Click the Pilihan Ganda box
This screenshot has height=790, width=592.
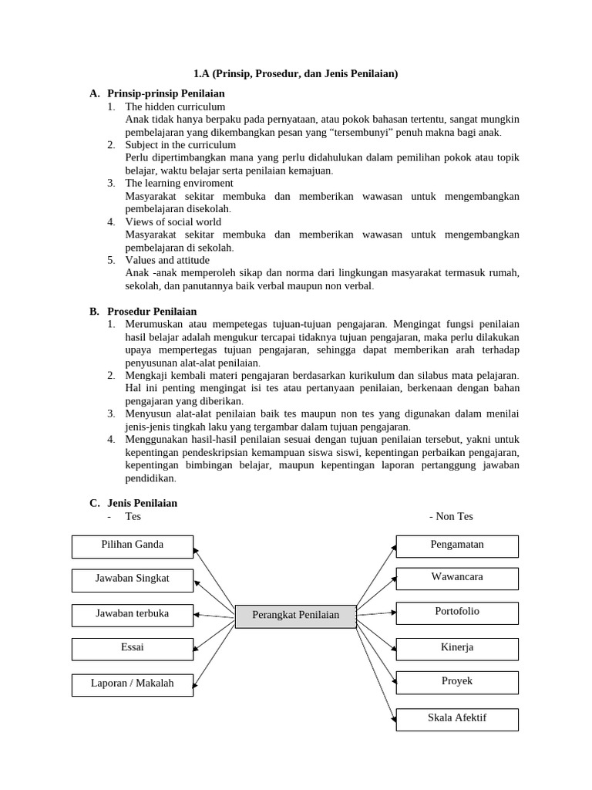click(x=133, y=546)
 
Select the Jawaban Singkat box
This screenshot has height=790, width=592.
click(x=133, y=579)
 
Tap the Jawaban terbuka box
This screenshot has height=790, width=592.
click(x=133, y=615)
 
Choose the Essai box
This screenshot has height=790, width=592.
click(x=133, y=649)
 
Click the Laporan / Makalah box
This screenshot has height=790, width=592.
click(x=133, y=684)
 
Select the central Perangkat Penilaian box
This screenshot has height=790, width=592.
click(x=295, y=616)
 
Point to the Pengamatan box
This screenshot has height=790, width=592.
click(x=457, y=545)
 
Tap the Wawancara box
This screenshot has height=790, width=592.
click(x=457, y=578)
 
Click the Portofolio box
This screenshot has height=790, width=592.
click(x=457, y=613)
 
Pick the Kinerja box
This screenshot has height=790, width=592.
click(x=457, y=649)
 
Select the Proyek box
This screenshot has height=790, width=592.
click(x=457, y=682)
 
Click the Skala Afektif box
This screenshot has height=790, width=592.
click(x=457, y=719)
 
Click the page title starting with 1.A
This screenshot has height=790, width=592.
click(x=295, y=74)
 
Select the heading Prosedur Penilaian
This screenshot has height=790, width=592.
click(x=152, y=312)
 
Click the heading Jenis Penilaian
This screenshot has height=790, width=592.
click(x=142, y=503)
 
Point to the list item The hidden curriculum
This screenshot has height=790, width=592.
click(x=175, y=106)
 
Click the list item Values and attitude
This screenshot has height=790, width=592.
click(x=167, y=260)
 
